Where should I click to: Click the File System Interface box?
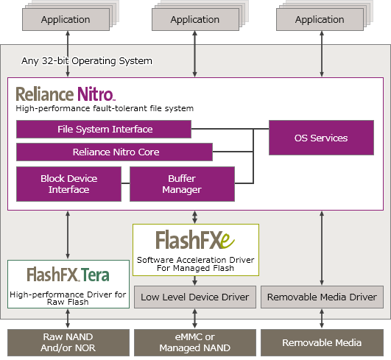[104, 129]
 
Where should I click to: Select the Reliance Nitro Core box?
[114, 152]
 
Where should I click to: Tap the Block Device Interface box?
[68, 184]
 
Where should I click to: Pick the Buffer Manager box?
[182, 184]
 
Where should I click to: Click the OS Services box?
[321, 138]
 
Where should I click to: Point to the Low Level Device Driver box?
[195, 297]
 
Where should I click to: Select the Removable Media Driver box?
[322, 297]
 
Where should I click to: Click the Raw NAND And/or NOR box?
[68, 342]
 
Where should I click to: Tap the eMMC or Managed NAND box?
[195, 342]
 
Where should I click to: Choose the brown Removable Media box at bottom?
[322, 342]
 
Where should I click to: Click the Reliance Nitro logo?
[66, 94]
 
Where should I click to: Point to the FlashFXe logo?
[195, 240]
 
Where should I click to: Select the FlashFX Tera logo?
[68, 275]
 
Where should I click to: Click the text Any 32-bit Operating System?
[87, 61]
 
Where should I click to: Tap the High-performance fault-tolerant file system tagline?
[105, 108]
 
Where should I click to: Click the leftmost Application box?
[66, 19]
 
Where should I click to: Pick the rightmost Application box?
[320, 19]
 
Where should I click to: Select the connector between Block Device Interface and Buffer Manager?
[125, 183]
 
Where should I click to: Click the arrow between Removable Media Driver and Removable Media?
[322, 319]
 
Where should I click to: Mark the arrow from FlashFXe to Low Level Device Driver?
[194, 280]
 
